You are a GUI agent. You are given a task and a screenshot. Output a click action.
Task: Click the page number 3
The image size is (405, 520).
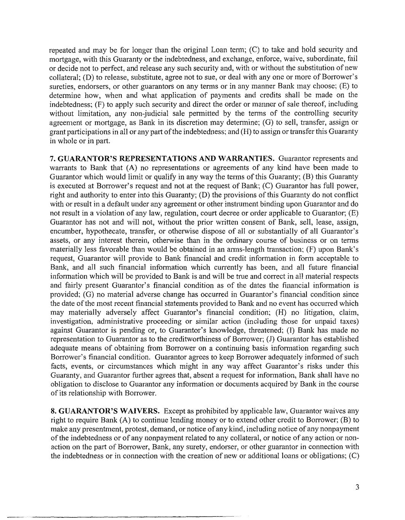pyautogui.click(x=357, y=487)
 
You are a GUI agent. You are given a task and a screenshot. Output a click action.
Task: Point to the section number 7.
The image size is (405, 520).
pyautogui.click(x=53, y=158)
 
